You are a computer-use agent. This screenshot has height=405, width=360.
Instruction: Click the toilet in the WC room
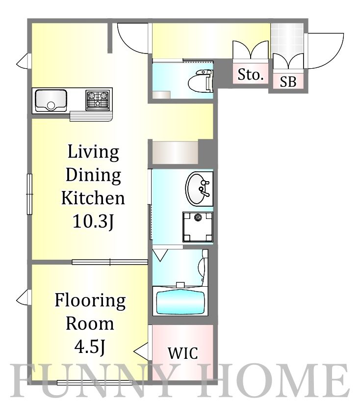[x=201, y=81]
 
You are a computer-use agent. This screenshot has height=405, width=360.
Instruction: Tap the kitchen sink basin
[x=51, y=100]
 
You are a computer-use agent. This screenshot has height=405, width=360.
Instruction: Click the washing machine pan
[x=198, y=227]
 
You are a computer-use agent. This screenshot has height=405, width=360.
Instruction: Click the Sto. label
[x=251, y=75]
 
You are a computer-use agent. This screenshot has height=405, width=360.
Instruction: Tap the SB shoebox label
[x=288, y=81]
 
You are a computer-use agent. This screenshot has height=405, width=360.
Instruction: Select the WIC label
[x=183, y=353]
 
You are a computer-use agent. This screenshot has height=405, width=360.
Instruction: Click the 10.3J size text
[x=93, y=221]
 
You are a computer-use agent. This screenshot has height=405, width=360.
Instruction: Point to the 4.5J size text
[x=90, y=347]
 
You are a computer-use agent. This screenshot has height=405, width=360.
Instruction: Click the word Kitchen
[x=93, y=198]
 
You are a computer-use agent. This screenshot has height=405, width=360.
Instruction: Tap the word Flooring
[x=90, y=301]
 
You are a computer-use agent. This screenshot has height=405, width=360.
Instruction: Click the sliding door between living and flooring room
[x=110, y=262]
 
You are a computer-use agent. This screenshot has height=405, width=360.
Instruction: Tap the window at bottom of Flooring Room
[x=95, y=382]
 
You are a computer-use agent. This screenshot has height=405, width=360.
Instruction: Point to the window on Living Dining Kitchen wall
[x=30, y=194]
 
